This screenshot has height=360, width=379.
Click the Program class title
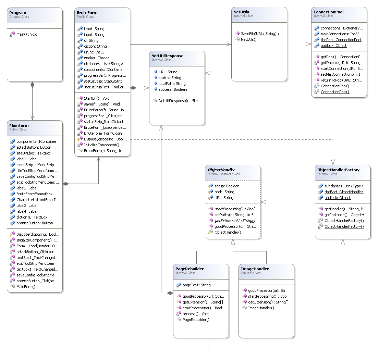pyautogui.click(x=17, y=13)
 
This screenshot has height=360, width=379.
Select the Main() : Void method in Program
pyautogui.click(x=27, y=34)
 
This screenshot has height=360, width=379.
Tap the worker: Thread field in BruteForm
pyautogui.click(x=97, y=58)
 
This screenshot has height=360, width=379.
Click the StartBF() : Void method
pyautogui.click(x=97, y=98)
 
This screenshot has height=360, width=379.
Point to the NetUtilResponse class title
pyautogui.click(x=168, y=56)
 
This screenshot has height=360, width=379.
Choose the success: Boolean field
pyautogui.click(x=173, y=89)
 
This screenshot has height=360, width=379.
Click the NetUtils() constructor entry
pyautogui.click(x=249, y=39)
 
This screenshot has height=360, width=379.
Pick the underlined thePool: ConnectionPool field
pyautogui.click(x=341, y=40)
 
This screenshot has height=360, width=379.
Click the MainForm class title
pyautogui.click(x=19, y=125)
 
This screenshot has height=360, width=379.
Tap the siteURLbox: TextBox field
pyautogui.click(x=34, y=153)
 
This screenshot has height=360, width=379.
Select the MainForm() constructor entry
pyautogui.click(x=26, y=287)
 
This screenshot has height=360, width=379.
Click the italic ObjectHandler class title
pyautogui.click(x=221, y=170)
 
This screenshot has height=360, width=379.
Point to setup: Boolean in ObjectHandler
pyautogui.click(x=227, y=186)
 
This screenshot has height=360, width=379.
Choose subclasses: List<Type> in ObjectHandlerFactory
pyautogui.click(x=344, y=186)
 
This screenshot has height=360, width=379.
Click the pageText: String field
pyautogui.click(x=196, y=285)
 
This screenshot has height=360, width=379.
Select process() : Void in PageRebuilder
pyautogui.click(x=196, y=314)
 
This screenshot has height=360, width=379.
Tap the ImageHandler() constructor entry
pyautogui.click(x=261, y=308)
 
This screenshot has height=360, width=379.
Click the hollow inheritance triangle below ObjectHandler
pyautogui.click(x=233, y=242)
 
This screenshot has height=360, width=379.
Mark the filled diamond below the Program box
pyautogui.click(x=33, y=85)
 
